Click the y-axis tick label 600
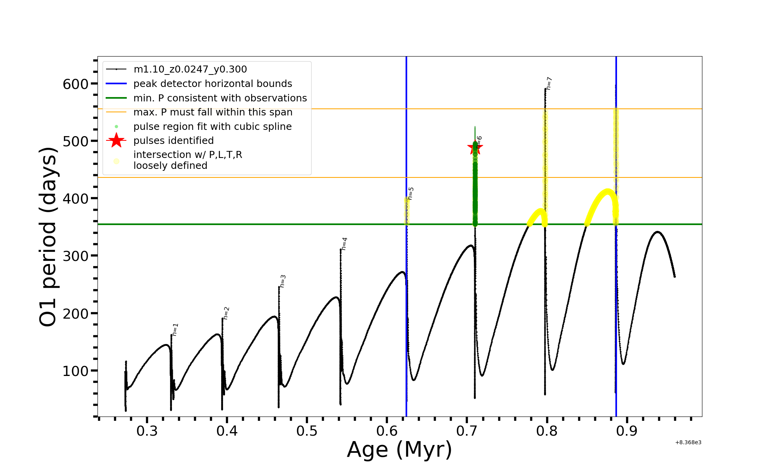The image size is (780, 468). tap(76, 84)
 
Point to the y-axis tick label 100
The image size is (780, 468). tap(76, 371)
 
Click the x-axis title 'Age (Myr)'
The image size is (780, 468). tap(399, 450)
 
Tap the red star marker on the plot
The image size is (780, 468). tap(475, 147)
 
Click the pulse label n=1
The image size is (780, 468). tap(175, 330)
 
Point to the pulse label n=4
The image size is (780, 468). tap(344, 244)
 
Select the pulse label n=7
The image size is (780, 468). tap(549, 83)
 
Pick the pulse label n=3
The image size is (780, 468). tap(283, 281)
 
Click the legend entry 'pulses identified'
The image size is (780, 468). tap(174, 140)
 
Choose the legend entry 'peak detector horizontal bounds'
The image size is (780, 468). tap(213, 83)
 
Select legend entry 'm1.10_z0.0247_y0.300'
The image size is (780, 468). tap(190, 69)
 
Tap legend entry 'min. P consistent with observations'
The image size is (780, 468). tap(220, 98)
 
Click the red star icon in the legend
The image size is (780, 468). tap(116, 140)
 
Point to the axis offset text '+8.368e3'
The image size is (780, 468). tap(688, 443)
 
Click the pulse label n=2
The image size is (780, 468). tap(226, 313)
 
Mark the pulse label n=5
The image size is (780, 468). tap(411, 193)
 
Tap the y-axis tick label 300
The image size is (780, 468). tap(76, 256)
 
